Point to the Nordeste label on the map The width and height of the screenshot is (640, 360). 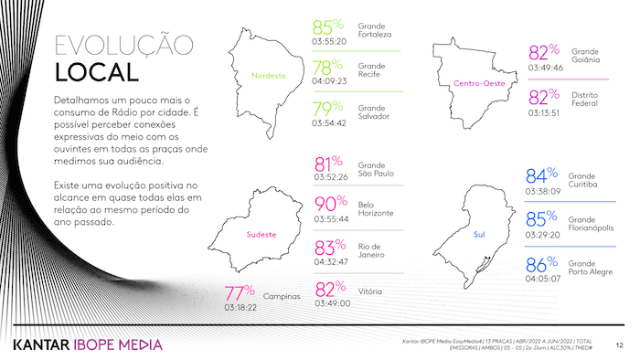(x=269, y=76)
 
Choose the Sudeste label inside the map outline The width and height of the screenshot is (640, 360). (x=261, y=235)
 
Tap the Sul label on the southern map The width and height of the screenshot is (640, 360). (x=478, y=235)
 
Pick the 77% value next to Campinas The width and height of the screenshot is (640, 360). (x=240, y=292)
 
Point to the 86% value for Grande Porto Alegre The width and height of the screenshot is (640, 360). (x=542, y=266)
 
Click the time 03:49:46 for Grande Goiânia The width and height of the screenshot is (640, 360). (x=546, y=67)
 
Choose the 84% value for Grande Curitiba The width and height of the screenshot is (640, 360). (x=541, y=175)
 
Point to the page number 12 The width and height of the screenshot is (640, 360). (x=620, y=345)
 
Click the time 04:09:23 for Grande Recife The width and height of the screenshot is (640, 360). (x=330, y=80)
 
